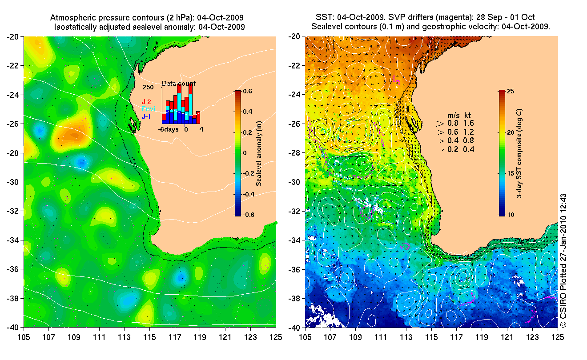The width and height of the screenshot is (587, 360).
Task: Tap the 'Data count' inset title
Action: [x=178, y=84]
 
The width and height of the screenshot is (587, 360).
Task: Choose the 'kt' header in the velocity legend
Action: [x=468, y=114]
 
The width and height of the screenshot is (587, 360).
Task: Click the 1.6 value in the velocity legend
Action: [x=469, y=123]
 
